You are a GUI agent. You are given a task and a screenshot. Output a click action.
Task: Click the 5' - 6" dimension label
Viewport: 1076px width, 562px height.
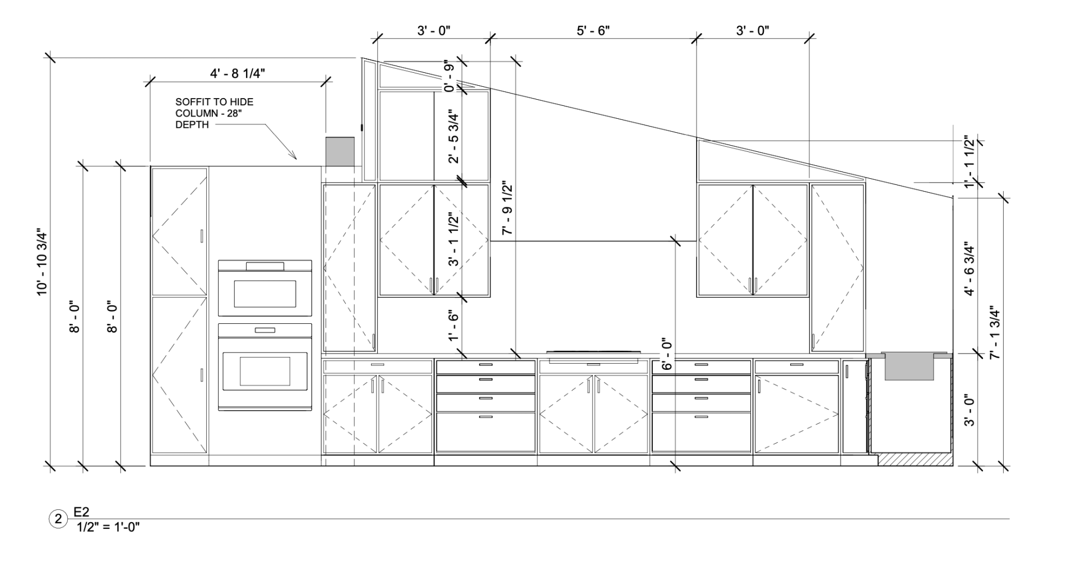pos(593,30)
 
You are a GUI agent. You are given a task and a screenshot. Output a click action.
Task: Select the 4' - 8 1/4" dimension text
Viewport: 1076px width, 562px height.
pos(238,73)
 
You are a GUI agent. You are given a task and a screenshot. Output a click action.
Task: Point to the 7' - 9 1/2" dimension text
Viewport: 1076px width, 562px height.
pos(508,207)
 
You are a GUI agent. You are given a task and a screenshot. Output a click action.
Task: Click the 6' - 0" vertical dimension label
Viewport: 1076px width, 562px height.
pos(667,354)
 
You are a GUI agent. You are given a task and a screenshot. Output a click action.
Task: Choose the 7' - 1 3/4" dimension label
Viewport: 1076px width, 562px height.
pos(995,332)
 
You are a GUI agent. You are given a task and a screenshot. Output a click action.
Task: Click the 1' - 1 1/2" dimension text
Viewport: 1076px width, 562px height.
pos(970,162)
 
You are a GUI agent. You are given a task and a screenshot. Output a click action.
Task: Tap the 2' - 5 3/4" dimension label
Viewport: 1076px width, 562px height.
pos(453,136)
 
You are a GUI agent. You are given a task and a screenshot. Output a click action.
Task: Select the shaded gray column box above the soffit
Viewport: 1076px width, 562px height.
pos(340,151)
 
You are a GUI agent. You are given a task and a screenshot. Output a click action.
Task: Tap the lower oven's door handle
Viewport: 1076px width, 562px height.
pos(265,330)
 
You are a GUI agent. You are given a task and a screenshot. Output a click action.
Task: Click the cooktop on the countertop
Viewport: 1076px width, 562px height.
pos(593,352)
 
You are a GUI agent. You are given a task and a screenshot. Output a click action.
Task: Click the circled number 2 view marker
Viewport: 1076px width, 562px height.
pos(58,519)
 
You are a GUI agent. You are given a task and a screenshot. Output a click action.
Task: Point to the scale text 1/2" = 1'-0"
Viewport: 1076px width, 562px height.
pos(108,527)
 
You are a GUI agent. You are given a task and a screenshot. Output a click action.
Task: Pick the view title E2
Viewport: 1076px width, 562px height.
pos(82,512)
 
